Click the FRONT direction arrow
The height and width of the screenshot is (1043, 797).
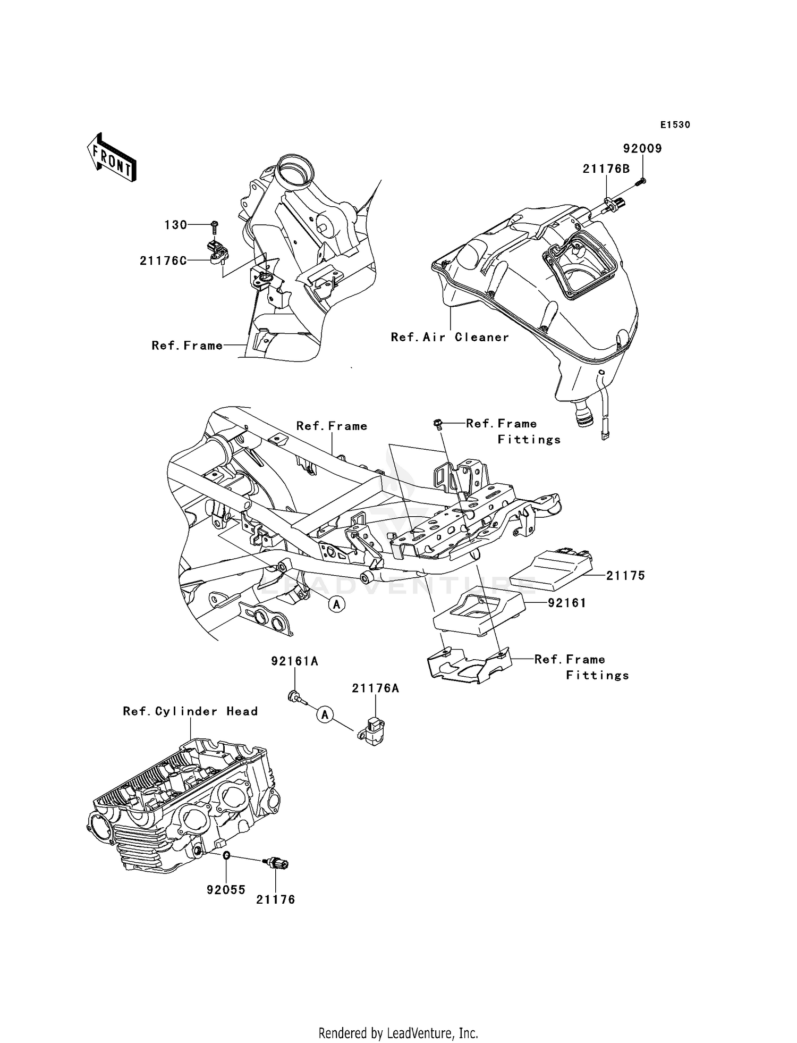[x=111, y=158]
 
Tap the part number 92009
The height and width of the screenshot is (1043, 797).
[x=642, y=149]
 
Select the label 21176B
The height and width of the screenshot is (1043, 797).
[x=606, y=169]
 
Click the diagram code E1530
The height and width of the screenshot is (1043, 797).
[x=675, y=125]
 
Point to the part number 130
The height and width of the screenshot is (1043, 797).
[x=175, y=225]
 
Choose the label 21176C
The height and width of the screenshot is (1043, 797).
[x=163, y=260]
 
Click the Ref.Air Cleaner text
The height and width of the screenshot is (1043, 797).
[x=450, y=337]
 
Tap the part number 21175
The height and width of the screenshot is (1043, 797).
[x=625, y=575]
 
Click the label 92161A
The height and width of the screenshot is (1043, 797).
[x=294, y=661]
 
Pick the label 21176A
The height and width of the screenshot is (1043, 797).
[x=375, y=688]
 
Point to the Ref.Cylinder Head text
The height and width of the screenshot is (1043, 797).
[x=190, y=711]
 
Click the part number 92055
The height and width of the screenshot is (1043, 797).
[x=226, y=890]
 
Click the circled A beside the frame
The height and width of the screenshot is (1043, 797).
[x=336, y=604]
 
